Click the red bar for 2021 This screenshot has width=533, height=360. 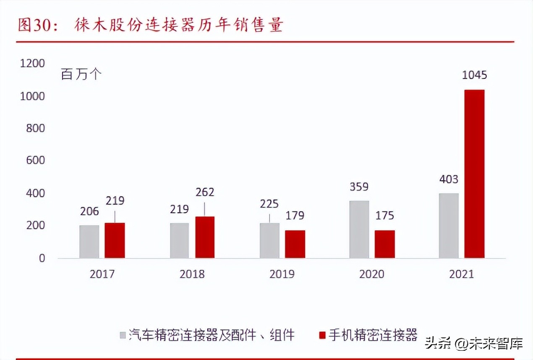point(474,174)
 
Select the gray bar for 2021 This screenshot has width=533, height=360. point(449,226)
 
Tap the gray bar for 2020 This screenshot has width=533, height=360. point(359,230)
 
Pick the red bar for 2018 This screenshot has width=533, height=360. point(205,237)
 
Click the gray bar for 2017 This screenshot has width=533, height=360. point(89,242)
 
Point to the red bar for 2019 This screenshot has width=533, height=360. point(295,244)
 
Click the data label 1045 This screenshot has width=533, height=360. point(474,76)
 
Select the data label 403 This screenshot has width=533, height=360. point(449,180)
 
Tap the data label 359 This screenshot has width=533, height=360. point(359,187)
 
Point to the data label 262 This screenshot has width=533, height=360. point(205,192)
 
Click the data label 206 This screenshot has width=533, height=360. point(89,211)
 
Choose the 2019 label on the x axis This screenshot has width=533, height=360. point(282,274)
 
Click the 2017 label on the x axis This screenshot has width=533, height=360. point(102,274)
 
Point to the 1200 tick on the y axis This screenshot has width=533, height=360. point(33,63)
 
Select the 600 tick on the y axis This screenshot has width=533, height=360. point(35,161)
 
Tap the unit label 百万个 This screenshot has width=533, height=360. point(81,75)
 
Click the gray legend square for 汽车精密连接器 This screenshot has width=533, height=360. point(123,335)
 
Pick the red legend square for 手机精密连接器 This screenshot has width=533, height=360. point(322,335)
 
